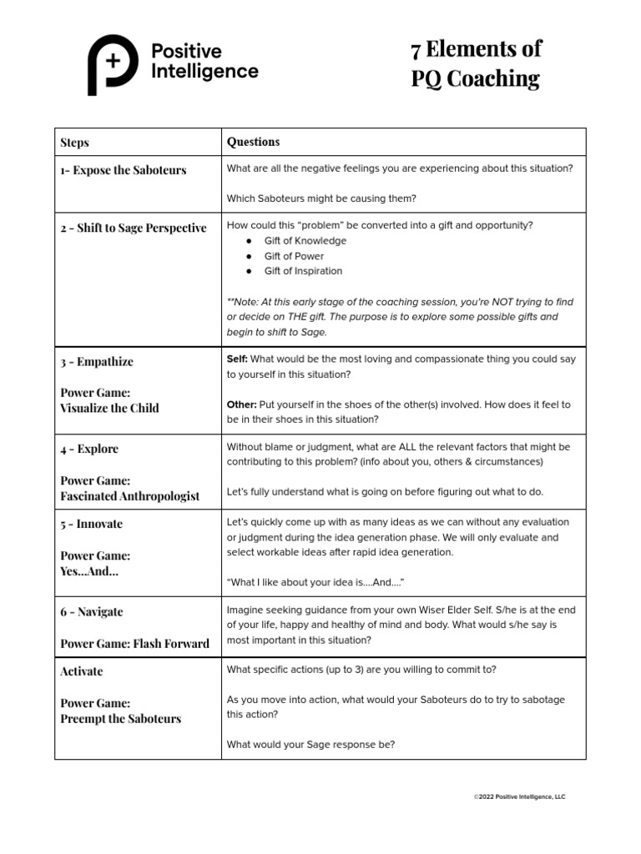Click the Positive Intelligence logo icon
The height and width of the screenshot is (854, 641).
pyautogui.click(x=113, y=64)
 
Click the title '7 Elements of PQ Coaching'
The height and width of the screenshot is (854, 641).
pyautogui.click(x=476, y=64)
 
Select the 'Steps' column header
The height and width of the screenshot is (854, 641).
pyautogui.click(x=75, y=143)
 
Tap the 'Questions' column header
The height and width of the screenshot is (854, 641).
pyautogui.click(x=254, y=142)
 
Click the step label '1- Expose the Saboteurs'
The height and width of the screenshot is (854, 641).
pyautogui.click(x=124, y=170)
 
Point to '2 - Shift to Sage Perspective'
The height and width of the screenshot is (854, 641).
pyautogui.click(x=134, y=228)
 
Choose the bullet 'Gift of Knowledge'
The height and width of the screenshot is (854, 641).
pyautogui.click(x=305, y=241)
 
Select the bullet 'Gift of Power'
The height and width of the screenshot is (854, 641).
pyautogui.click(x=294, y=256)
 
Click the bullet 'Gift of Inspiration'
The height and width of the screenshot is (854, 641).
pyautogui.click(x=303, y=271)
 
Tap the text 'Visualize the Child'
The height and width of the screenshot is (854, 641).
pyautogui.click(x=109, y=408)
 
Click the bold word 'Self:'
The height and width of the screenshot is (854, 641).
pyautogui.click(x=237, y=359)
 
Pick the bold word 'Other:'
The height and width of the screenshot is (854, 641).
pyautogui.click(x=241, y=404)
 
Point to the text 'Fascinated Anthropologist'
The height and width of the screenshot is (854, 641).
pyautogui.click(x=130, y=496)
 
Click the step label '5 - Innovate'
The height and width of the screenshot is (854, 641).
pyautogui.click(x=92, y=524)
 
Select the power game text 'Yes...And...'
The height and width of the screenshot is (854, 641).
pyautogui.click(x=89, y=571)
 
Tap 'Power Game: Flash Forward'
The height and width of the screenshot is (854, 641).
pyautogui.click(x=135, y=643)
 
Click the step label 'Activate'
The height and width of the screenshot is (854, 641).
pyautogui.click(x=82, y=671)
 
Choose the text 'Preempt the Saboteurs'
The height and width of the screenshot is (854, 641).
pyautogui.click(x=121, y=719)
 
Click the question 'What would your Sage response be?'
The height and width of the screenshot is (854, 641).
pyautogui.click(x=310, y=745)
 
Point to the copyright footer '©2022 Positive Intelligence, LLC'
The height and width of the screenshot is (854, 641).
pyautogui.click(x=519, y=797)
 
